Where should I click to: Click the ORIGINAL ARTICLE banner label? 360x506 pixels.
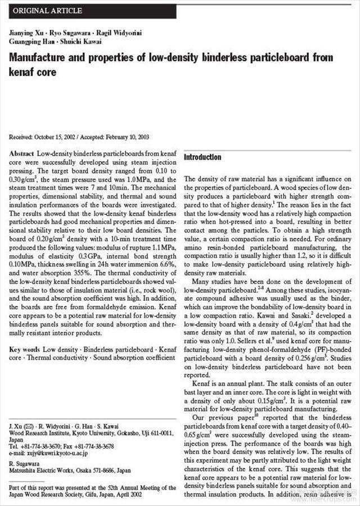pos(47,11)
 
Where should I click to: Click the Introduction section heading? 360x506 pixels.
pos(202,157)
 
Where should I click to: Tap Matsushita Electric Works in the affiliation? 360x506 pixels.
pos(45,471)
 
